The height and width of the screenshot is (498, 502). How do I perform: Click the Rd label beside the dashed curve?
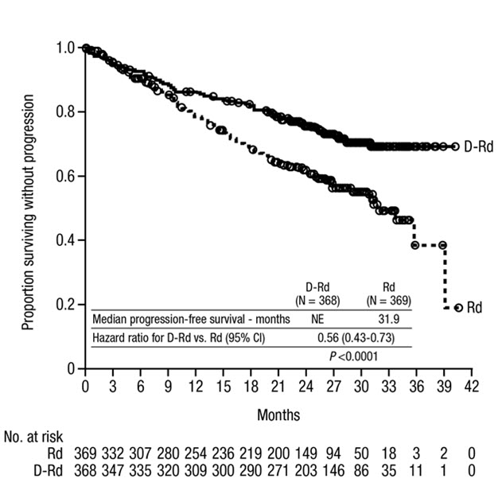[x=475, y=307]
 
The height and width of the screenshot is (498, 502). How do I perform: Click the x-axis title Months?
[x=278, y=415]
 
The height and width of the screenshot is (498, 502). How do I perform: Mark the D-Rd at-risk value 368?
[x=85, y=470]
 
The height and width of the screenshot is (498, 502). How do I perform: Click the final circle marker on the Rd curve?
[x=458, y=307]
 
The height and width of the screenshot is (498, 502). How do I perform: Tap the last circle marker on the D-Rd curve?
[x=454, y=146]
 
